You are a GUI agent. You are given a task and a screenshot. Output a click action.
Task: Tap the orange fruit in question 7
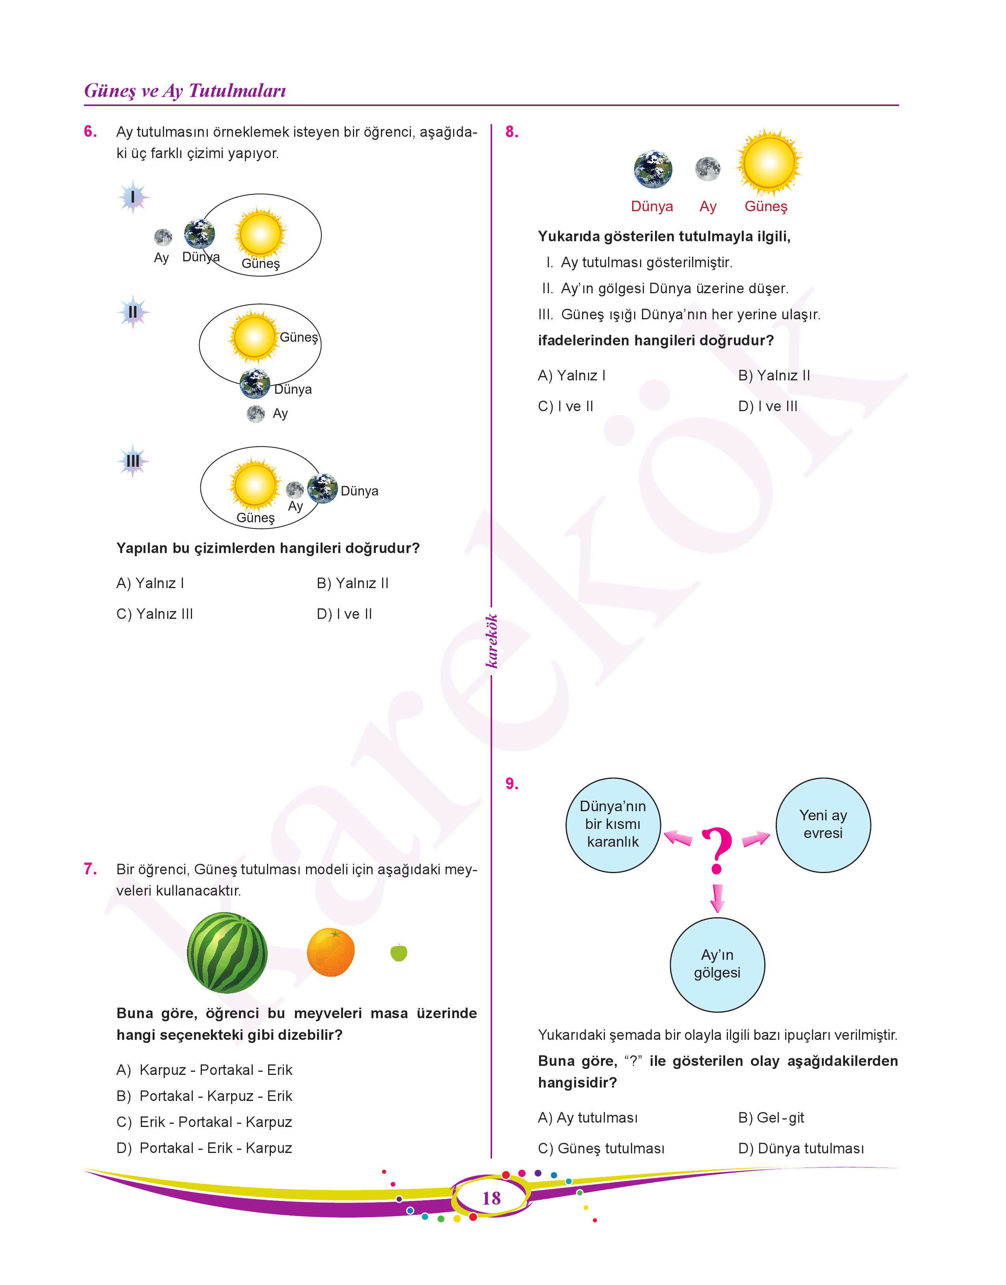point(330,952)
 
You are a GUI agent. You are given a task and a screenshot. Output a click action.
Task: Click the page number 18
point(491,1198)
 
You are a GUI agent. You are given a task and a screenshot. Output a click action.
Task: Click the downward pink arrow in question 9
point(717,898)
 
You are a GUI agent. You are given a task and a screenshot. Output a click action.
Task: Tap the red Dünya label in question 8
point(651,207)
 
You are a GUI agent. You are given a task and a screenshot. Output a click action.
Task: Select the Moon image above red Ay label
point(707,169)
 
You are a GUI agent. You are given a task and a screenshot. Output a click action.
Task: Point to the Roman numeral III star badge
point(133,460)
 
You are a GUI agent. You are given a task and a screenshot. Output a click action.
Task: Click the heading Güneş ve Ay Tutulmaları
point(185,91)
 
